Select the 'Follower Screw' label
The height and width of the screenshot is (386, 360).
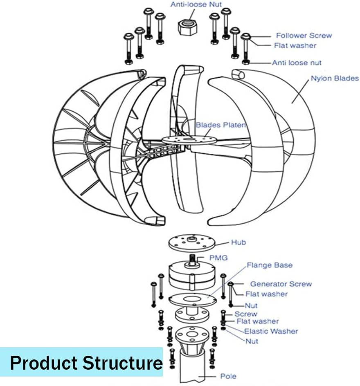tap(304, 36)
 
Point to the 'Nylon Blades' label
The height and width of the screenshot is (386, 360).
tap(334, 78)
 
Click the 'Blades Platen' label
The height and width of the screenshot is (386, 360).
tap(220, 125)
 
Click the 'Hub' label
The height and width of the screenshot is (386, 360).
tap(238, 242)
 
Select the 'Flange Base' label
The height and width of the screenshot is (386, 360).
tap(269, 265)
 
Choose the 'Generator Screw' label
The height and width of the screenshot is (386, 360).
tap(281, 284)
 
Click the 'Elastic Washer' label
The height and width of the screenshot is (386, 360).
tap(271, 331)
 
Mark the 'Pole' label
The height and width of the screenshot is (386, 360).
tap(228, 376)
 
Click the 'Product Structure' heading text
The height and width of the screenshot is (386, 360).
tap(86, 362)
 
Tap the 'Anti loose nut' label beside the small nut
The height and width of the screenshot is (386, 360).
tap(297, 63)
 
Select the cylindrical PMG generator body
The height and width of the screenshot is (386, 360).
tap(191, 276)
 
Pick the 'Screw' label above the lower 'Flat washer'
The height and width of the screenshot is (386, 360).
tap(245, 314)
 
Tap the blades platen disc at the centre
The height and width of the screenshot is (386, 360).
tap(189, 139)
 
